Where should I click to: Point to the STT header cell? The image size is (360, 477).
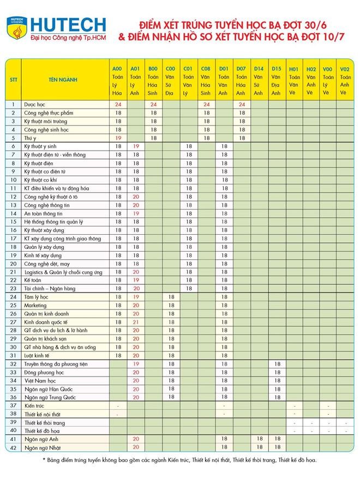[x=13, y=80]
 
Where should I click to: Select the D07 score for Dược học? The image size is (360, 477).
[x=241, y=104]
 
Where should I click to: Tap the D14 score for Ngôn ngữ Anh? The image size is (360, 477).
[x=259, y=439]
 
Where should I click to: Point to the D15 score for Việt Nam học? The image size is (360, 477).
[x=277, y=381]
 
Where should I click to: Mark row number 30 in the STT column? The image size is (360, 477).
[x=13, y=348]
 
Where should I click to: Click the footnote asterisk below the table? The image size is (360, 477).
[x=45, y=460]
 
